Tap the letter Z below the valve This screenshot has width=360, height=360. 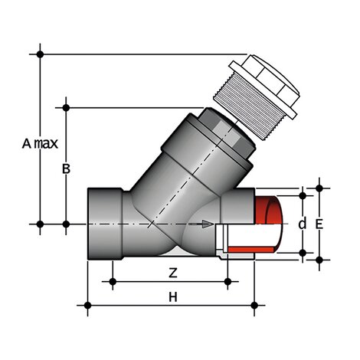coord(172,273)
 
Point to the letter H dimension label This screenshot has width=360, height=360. coord(173,296)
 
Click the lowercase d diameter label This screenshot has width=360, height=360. coord(302,224)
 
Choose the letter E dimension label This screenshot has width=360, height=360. coord(319,224)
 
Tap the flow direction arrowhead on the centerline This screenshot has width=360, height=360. coord(209,224)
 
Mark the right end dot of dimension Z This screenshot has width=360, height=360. coord(227,283)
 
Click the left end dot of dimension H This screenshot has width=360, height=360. coord(88,306)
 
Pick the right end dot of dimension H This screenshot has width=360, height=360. coord(255,306)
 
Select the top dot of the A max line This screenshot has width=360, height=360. coord(40,53)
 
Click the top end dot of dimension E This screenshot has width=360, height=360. coord(319,186)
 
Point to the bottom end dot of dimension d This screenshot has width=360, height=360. coord(303,252)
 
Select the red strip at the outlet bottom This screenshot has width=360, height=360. coord(253,250)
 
